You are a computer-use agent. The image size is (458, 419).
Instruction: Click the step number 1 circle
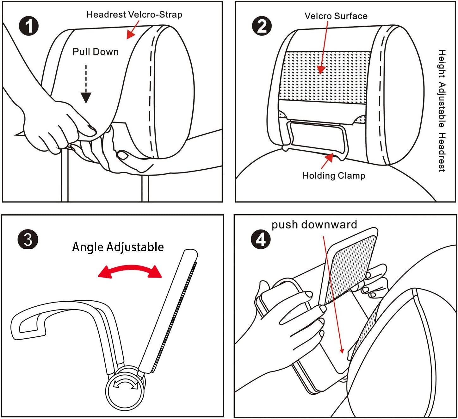(x=28, y=26)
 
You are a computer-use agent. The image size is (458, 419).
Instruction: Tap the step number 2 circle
(x=262, y=26)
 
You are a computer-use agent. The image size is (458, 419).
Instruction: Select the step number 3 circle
(x=28, y=239)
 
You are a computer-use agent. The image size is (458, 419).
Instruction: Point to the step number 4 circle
(x=261, y=240)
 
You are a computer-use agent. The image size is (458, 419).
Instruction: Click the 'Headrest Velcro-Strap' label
(x=134, y=15)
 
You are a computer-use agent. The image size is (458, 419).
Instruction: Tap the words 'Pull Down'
(x=96, y=52)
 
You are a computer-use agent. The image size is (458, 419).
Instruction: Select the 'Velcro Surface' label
(x=336, y=16)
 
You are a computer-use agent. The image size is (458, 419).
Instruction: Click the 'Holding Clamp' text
(x=334, y=176)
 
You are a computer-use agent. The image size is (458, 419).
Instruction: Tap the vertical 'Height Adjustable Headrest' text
(x=442, y=110)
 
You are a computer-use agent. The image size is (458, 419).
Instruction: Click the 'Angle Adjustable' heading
(x=118, y=247)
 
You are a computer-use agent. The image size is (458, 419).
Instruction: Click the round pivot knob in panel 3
(x=125, y=388)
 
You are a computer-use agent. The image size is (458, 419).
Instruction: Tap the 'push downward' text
(x=314, y=225)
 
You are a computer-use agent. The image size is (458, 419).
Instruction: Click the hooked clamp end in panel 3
(x=28, y=326)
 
